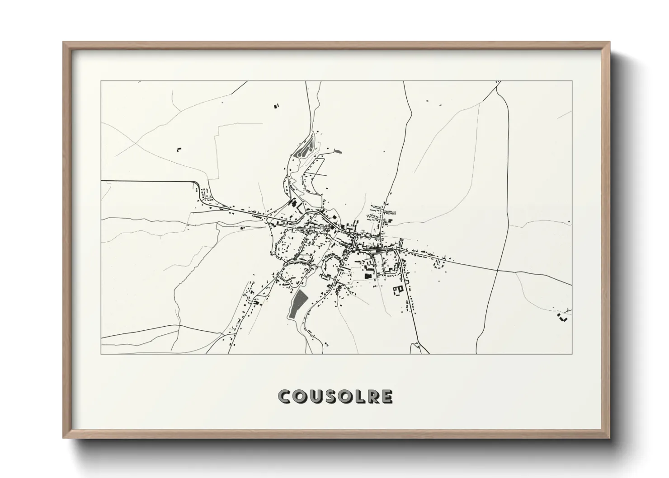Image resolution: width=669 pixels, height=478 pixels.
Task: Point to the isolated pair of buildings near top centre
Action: tap(276, 106)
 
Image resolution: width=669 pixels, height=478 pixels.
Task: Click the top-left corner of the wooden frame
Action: tap(64, 42)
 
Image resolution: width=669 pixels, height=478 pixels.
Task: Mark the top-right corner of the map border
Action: tap(572, 81)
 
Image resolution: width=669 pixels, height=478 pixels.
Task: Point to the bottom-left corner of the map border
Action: tap(101, 354)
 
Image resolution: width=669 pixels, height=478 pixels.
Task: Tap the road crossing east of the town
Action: tap(497, 268)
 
